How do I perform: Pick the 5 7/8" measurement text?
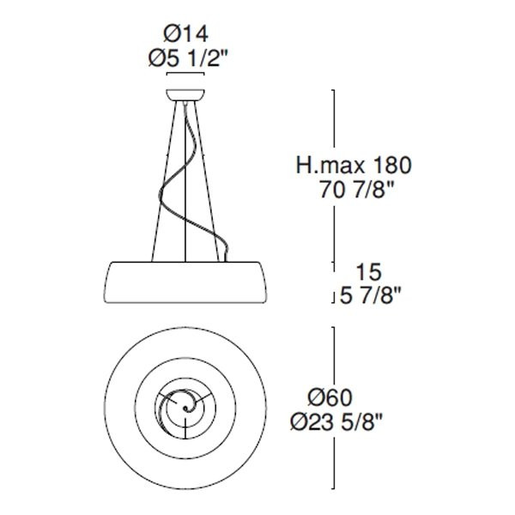coord(369,297)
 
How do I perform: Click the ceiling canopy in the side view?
coord(187,94)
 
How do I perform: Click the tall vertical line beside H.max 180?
coord(332,172)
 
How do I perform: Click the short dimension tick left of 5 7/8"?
coord(332,297)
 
